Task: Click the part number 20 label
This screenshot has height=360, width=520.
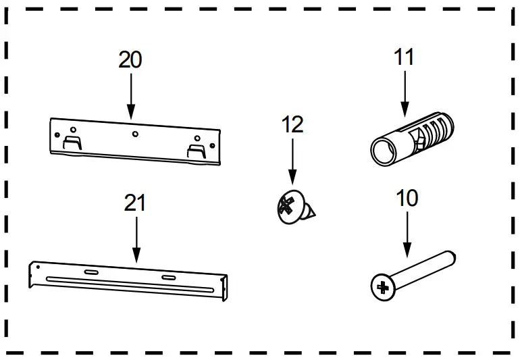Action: (x=130, y=59)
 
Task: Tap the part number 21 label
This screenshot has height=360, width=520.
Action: (x=135, y=203)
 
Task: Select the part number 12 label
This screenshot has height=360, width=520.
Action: (x=292, y=124)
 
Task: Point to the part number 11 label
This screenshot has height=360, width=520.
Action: (x=404, y=57)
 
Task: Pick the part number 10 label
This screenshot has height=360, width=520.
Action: (x=407, y=198)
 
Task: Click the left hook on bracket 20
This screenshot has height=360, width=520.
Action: (x=72, y=143)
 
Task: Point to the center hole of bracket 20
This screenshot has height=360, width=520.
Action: (x=136, y=134)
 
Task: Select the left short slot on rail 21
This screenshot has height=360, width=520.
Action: (x=90, y=272)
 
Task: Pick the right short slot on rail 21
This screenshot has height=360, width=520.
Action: (x=167, y=278)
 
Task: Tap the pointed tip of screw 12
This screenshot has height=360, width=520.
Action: (x=315, y=215)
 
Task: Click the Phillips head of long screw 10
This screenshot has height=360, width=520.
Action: (x=382, y=288)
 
